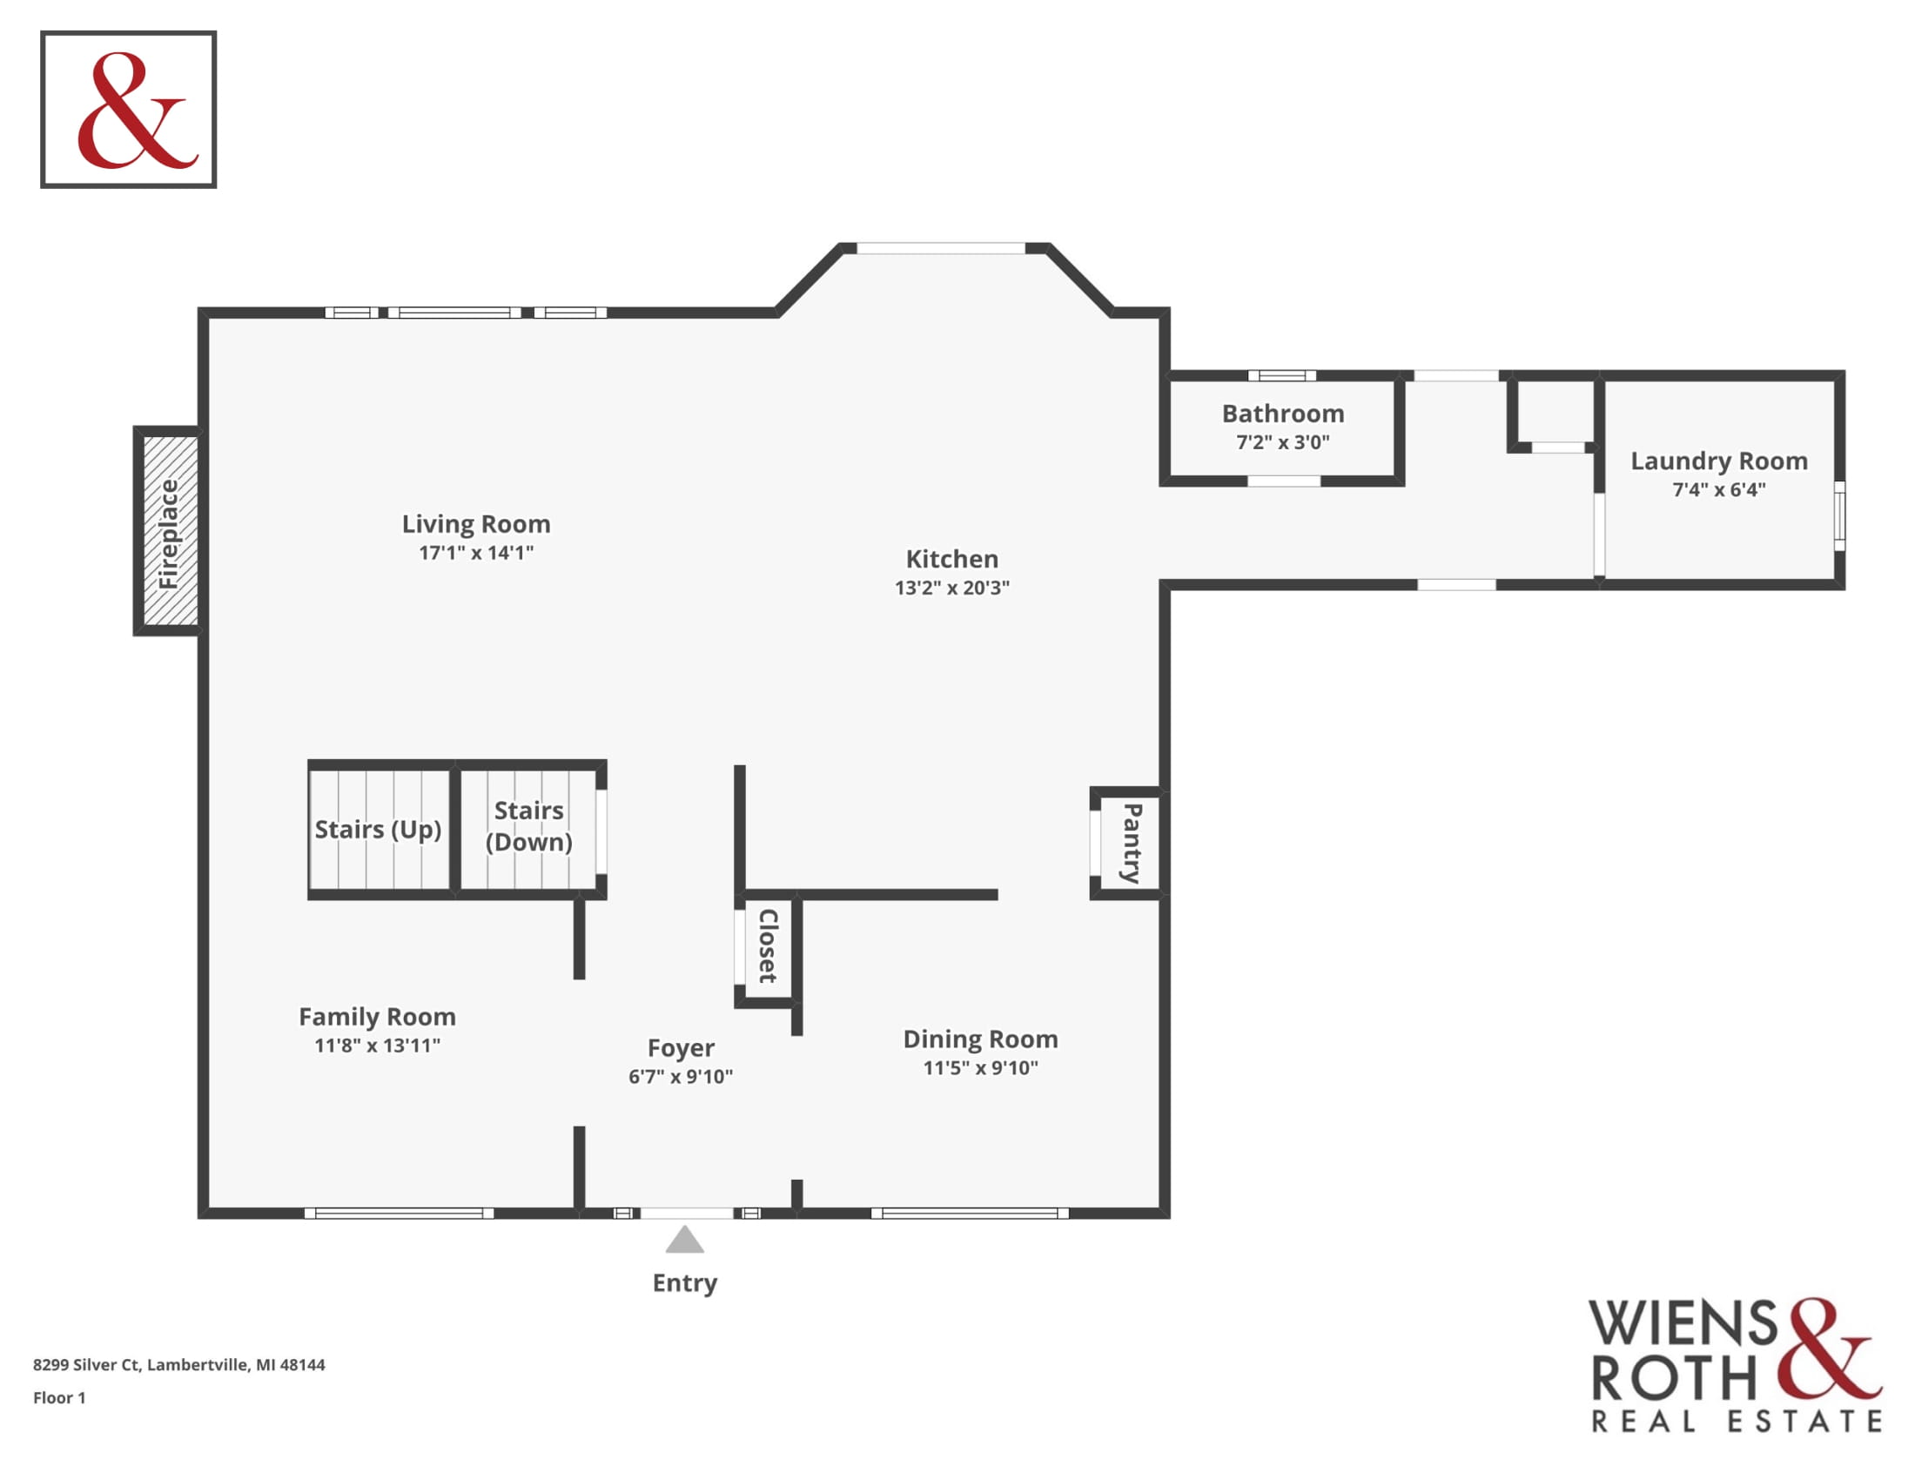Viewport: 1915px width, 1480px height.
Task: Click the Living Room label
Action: (476, 523)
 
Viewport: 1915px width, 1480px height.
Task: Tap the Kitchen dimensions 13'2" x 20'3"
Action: (952, 588)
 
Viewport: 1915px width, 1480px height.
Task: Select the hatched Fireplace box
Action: (167, 530)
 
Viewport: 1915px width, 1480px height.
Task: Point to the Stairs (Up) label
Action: (378, 830)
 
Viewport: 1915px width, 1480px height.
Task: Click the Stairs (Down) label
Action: (528, 826)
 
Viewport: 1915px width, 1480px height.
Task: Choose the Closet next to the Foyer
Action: (768, 946)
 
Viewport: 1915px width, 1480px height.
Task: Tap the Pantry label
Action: (1132, 844)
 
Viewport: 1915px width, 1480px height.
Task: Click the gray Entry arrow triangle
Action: (685, 1240)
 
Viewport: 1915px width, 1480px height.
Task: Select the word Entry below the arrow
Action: (685, 1282)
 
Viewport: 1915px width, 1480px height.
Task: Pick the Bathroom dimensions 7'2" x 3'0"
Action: (1283, 442)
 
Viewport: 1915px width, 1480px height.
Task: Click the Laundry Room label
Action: (1718, 461)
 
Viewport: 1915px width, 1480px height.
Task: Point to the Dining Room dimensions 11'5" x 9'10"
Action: (980, 1068)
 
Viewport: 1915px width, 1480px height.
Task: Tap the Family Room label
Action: (377, 1016)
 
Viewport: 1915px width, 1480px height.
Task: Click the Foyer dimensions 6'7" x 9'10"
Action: (681, 1077)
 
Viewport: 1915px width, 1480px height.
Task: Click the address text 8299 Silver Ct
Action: (86, 1364)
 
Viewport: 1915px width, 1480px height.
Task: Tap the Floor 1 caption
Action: (59, 1397)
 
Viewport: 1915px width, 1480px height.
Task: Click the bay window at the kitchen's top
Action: (940, 248)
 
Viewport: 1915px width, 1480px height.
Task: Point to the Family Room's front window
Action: (399, 1214)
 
